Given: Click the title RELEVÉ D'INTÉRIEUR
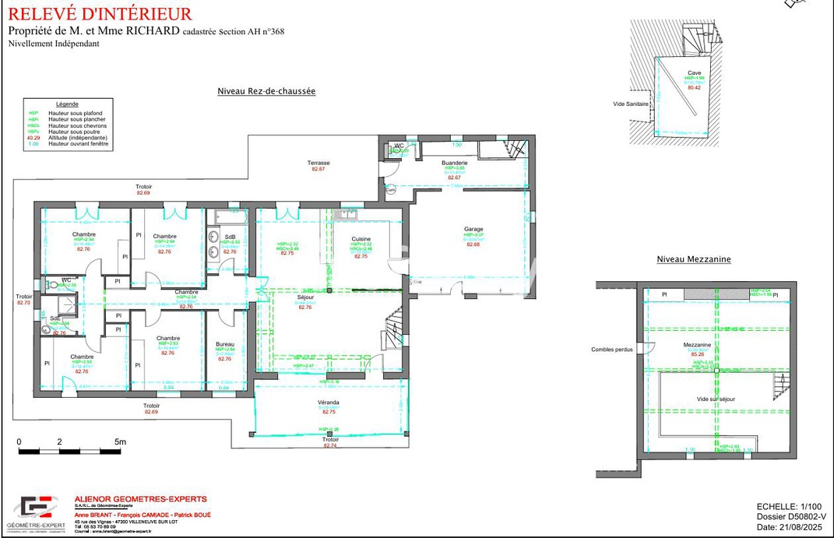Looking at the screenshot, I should (100, 14).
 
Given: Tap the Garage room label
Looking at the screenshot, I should (473, 229).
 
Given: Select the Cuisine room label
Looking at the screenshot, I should (361, 239).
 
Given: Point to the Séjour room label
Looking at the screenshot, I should (305, 298).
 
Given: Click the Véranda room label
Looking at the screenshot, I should (328, 403).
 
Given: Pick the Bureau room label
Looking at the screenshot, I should (225, 343).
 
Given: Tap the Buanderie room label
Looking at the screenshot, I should (454, 161).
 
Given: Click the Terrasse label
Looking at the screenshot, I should (318, 162).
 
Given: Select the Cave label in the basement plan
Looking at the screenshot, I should (694, 72).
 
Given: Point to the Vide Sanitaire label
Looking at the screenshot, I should (630, 104).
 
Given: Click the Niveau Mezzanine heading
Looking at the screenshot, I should (694, 259).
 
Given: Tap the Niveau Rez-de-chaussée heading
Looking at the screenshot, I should (266, 91).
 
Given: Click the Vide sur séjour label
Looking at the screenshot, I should (716, 399).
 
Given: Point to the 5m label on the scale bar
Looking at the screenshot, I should (119, 441).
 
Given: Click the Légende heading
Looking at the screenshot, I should (67, 104).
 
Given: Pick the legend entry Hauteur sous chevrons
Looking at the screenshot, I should (77, 126).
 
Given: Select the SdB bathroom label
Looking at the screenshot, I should (230, 237).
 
